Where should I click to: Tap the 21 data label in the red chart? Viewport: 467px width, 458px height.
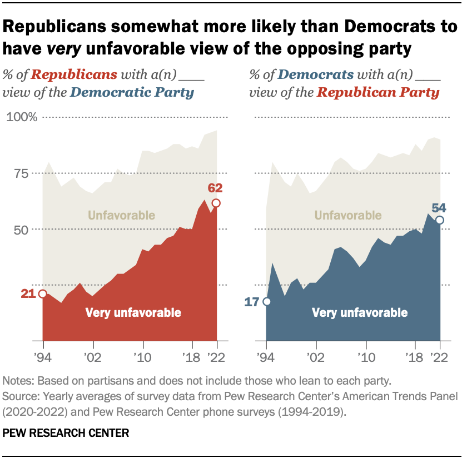pos(28,293)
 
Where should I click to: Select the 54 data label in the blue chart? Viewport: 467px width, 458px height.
pos(439,208)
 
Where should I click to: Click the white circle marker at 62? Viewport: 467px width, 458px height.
pos(216,203)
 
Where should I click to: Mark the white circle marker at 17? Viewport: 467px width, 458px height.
pos(266,302)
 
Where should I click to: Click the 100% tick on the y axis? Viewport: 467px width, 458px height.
pos(21,117)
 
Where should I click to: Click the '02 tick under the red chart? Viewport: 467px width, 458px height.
pos(92,356)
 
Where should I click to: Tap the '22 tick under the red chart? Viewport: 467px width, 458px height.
pos(216,356)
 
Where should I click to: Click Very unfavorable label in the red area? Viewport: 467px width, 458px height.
pos(133,313)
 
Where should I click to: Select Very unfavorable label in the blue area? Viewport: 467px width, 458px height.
pos(360,313)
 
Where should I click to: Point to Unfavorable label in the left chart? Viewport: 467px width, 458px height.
pos(121,215)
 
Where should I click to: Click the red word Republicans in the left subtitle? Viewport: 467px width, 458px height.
pos(83,74)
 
